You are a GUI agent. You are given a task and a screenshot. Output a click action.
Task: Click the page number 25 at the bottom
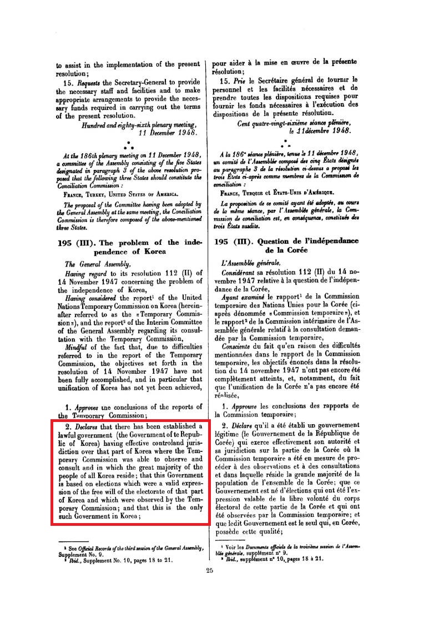coord(209,571)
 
